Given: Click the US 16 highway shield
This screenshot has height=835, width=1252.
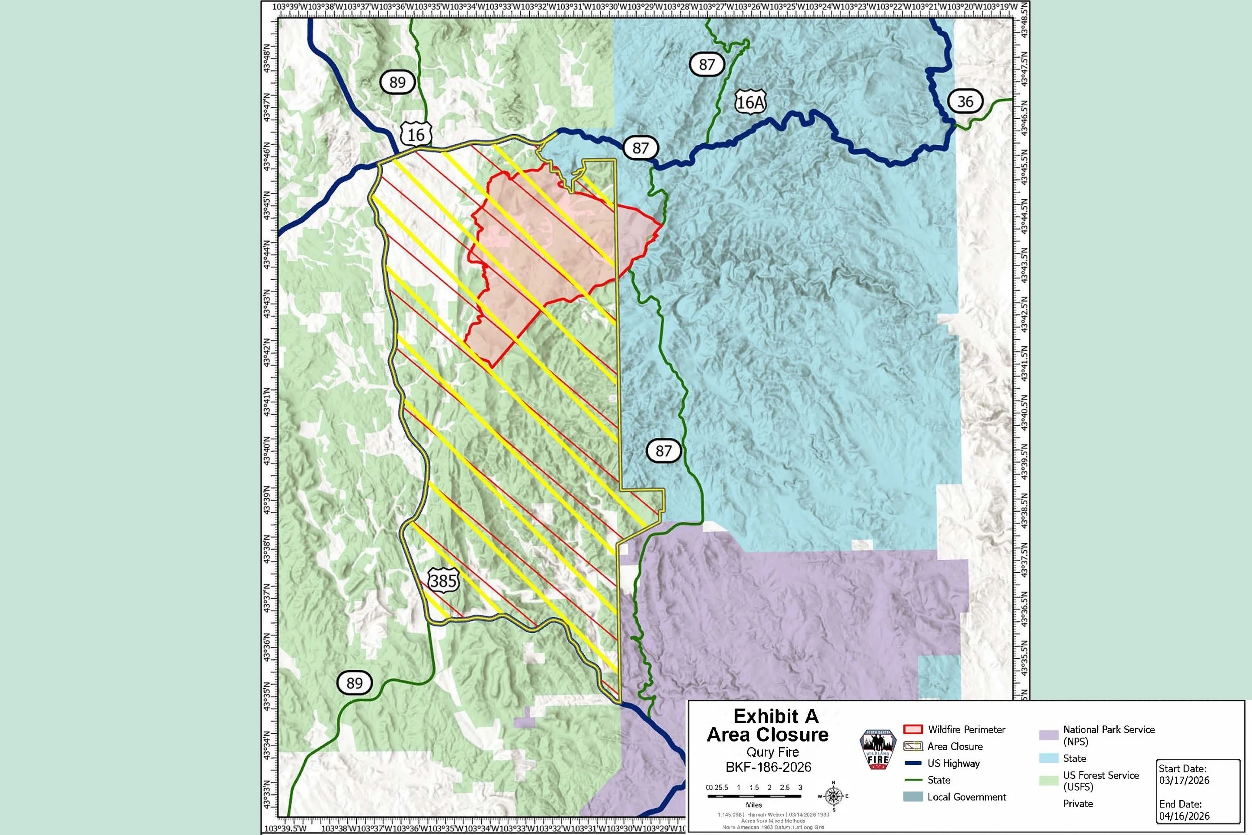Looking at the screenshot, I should coord(416,134).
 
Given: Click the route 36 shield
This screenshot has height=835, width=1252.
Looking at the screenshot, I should coord(965,101).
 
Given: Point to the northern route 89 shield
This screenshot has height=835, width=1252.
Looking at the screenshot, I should coord(397,82).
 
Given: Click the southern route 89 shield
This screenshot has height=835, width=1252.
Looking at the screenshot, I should coord(354,683).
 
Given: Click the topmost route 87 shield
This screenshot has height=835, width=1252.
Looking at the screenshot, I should coord(706,64).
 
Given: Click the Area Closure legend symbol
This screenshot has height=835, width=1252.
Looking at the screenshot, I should coord(913,746).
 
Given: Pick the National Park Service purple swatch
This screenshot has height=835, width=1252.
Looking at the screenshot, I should coord(1048,735).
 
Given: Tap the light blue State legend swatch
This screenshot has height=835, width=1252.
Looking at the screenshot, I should coord(1048,758).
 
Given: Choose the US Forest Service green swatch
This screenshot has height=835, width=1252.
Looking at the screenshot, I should coord(1048,781).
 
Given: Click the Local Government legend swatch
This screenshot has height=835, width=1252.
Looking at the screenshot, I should coord(913,797).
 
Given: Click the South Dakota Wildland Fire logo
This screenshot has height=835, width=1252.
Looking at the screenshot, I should coord(878,750).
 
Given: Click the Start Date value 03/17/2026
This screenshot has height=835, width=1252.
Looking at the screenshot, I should coord(1184,781).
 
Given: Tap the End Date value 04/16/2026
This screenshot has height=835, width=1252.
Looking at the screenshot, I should coord(1184,816).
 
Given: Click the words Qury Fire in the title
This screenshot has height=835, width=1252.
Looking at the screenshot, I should coord(773,752).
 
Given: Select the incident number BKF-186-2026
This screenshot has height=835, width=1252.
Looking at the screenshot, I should coord(768,767).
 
